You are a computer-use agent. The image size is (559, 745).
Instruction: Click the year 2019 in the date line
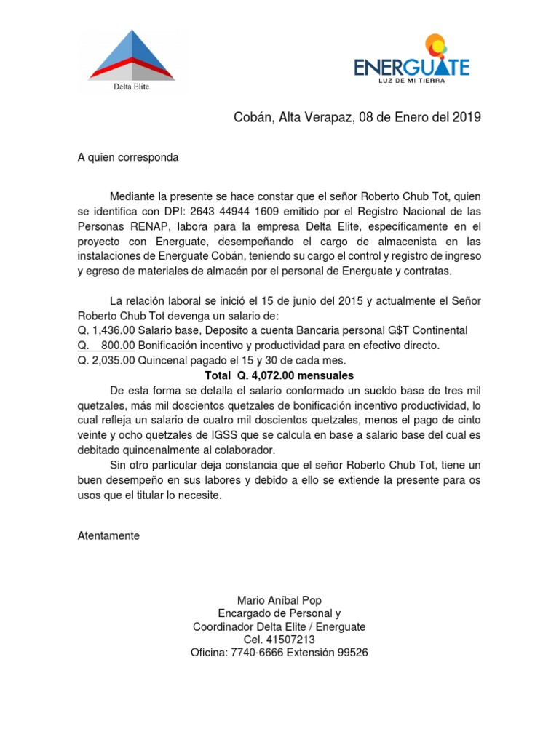(467, 118)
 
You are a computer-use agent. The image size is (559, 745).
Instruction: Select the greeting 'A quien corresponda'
(128, 157)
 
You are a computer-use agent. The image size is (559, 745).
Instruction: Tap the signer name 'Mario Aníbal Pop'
(279, 599)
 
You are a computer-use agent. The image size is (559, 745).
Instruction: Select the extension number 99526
(351, 653)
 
